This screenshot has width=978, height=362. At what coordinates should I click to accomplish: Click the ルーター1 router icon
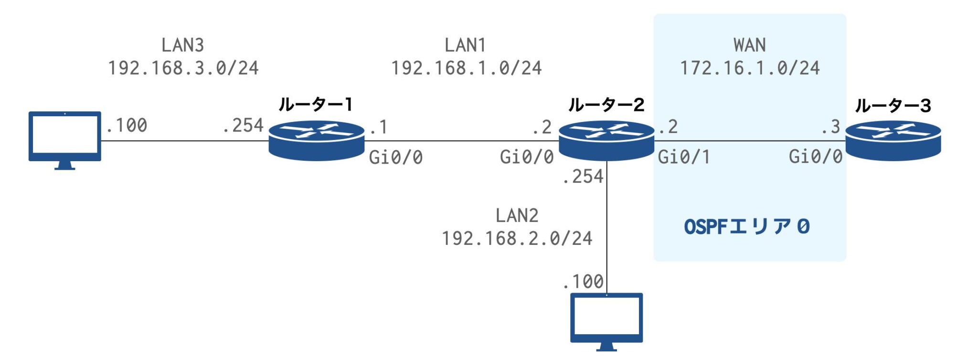tap(316, 141)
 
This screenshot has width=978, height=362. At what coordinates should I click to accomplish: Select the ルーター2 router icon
tap(606, 141)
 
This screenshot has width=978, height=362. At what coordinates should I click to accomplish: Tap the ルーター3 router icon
tap(893, 141)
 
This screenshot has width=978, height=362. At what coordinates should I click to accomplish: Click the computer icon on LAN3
tap(65, 139)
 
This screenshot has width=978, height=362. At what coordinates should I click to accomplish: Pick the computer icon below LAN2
tap(606, 321)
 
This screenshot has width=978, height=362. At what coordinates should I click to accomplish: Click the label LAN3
tap(183, 45)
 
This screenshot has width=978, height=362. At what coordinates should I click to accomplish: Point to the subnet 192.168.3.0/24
tap(183, 68)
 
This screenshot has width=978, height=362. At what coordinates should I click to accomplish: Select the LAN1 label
tap(466, 45)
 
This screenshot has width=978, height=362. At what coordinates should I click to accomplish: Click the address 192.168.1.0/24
tap(467, 68)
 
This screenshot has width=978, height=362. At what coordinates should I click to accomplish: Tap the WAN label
tap(750, 45)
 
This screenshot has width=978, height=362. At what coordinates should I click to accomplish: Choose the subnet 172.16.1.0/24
tap(750, 68)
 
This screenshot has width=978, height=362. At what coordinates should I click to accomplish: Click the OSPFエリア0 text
tap(747, 227)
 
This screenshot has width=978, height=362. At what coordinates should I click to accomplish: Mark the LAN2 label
tap(517, 216)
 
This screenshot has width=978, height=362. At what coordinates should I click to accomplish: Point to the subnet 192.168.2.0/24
tap(517, 239)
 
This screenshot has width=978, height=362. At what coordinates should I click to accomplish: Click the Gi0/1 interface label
tap(684, 157)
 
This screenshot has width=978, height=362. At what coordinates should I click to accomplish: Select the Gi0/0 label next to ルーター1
tap(396, 157)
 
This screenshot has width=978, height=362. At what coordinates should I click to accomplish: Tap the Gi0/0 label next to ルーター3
tap(816, 157)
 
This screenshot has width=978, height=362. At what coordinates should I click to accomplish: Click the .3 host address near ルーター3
tap(830, 127)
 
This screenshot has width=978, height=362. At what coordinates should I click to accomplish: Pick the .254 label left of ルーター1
tap(243, 126)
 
